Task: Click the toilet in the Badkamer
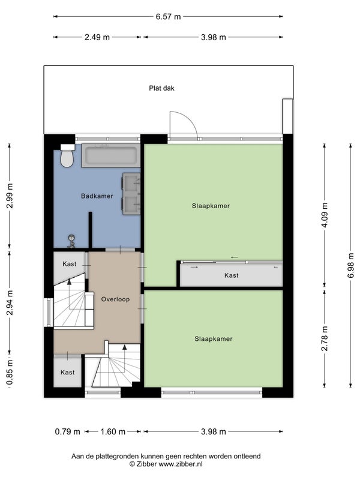[x=67, y=155]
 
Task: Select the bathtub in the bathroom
[x=111, y=156]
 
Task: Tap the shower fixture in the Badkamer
[x=71, y=241]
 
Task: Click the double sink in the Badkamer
[x=131, y=194]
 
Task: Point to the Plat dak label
[x=161, y=88]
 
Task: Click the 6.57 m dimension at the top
[x=168, y=17]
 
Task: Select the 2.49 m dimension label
[x=97, y=37]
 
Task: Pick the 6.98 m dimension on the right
[x=350, y=265]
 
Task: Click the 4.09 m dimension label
[x=325, y=215]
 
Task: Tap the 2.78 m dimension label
[x=325, y=338]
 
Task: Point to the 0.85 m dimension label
[x=10, y=372]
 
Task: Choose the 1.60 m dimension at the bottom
[x=113, y=431]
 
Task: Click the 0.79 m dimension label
[x=67, y=431]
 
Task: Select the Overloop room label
[x=115, y=299]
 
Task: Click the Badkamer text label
[x=97, y=196]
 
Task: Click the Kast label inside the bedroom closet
[x=232, y=275]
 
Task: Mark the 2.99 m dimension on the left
[x=10, y=196]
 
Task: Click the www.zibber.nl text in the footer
[x=181, y=464]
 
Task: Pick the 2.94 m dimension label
[x=10, y=303]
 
